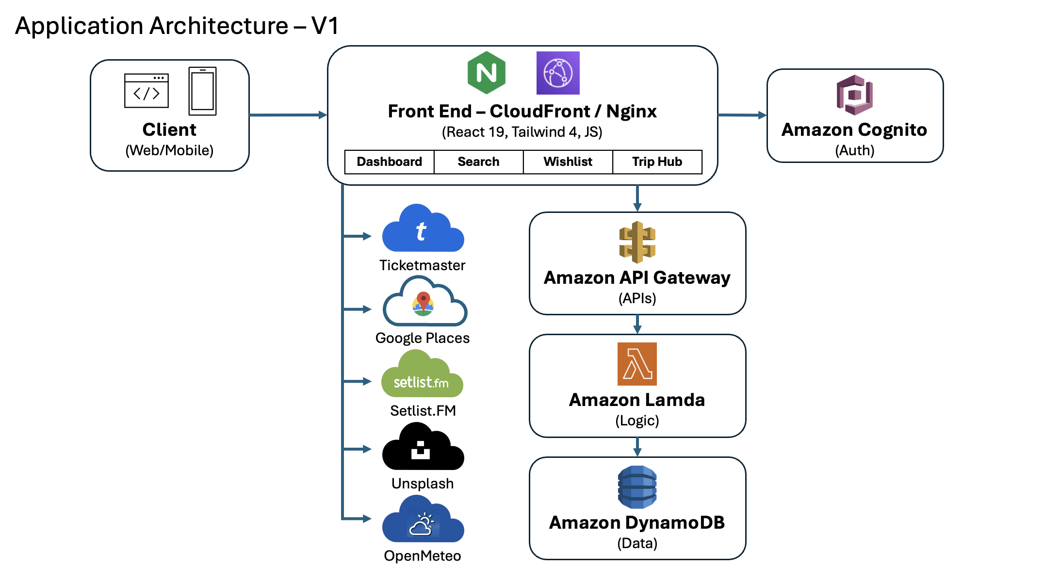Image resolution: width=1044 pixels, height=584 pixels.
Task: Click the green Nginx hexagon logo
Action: pos(486,73)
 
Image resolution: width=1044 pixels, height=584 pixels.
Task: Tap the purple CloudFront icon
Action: pos(557,73)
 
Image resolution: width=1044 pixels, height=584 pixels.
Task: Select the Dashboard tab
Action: pos(389,162)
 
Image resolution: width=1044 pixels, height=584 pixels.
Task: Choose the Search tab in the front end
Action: pos(478,162)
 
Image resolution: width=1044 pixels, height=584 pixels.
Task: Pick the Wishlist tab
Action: pos(568,162)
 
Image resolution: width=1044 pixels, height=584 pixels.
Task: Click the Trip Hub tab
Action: pos(657,162)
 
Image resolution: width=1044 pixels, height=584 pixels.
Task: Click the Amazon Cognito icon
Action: pos(854,95)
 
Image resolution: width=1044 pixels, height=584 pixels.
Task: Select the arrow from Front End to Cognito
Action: pos(742,115)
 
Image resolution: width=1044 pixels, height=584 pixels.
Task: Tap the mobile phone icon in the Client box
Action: pos(202,91)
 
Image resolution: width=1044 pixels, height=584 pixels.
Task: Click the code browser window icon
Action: pos(146,91)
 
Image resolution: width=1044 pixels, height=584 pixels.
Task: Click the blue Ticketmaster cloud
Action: pos(423,230)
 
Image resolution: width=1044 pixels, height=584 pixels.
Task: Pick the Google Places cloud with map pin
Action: pos(424,303)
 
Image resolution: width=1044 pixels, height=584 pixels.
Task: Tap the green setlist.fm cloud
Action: pos(422,376)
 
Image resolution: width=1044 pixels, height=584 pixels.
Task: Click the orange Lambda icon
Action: pos(636,364)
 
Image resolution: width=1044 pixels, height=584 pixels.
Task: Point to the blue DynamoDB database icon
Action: pos(637,487)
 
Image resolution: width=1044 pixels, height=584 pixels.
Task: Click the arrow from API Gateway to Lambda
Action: pos(637,324)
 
